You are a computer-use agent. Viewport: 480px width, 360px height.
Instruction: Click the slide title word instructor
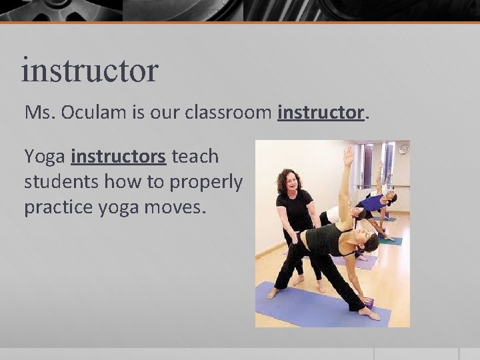pos(89,70)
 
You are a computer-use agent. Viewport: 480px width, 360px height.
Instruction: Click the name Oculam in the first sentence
pos(86,113)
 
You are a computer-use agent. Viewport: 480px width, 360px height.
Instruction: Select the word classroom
pos(230,113)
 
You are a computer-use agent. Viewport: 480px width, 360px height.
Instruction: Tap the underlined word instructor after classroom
pos(321,113)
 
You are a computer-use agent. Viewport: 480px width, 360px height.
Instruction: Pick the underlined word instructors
pos(117,157)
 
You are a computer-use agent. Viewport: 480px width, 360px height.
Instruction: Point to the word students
pos(56,182)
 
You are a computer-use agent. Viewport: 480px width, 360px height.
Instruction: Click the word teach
pos(195,157)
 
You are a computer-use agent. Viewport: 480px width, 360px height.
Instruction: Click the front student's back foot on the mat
pos(273,292)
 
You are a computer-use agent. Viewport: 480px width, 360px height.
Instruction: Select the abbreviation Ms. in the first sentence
pos(38,113)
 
